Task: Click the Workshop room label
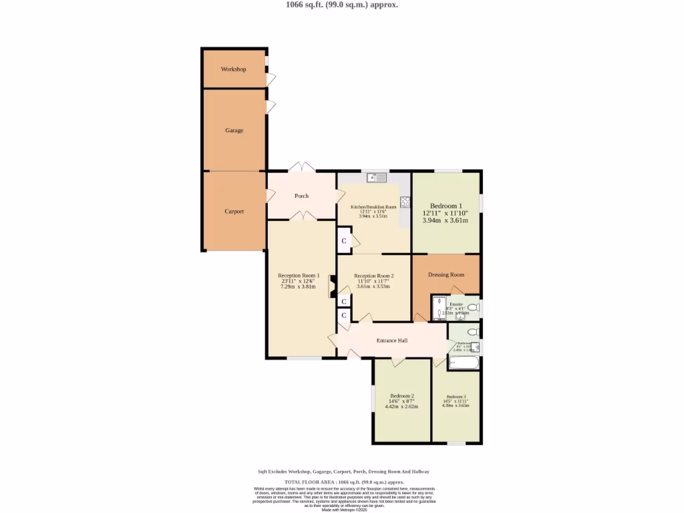click(234, 69)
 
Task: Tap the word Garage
click(234, 131)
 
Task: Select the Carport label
click(234, 212)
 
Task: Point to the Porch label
click(301, 196)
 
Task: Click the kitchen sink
click(377, 178)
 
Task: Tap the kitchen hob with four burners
click(405, 201)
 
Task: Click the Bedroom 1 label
click(446, 206)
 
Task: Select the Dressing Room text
click(446, 275)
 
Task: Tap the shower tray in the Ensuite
click(439, 307)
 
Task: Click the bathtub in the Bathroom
click(463, 363)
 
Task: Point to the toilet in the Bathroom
click(472, 332)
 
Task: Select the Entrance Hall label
click(392, 341)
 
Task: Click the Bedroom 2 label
click(402, 395)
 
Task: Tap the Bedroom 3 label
click(456, 396)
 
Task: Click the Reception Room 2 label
click(373, 276)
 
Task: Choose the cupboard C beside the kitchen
click(344, 241)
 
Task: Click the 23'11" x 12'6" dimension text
click(298, 281)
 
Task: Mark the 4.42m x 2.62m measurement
click(402, 406)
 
